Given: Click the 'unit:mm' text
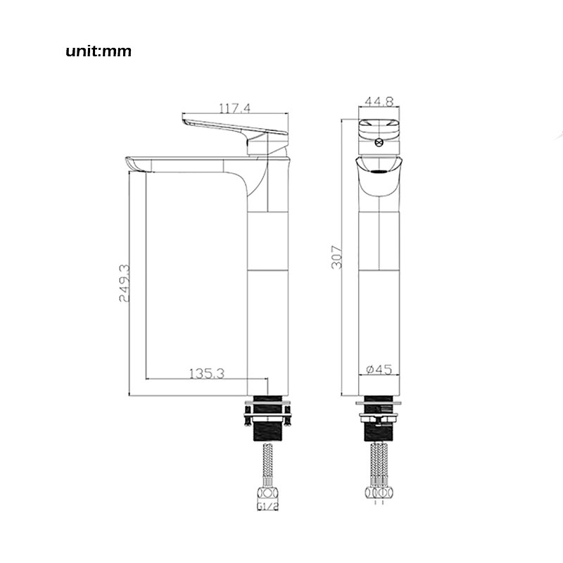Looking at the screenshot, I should (99, 51).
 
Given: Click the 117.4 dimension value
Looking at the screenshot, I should (236, 108).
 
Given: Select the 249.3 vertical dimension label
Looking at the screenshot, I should (125, 283).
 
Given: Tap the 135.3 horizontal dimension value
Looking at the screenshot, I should (207, 374).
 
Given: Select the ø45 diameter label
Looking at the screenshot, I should (379, 369).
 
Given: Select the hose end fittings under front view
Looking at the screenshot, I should (379, 492).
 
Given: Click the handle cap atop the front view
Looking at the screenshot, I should (379, 130).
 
